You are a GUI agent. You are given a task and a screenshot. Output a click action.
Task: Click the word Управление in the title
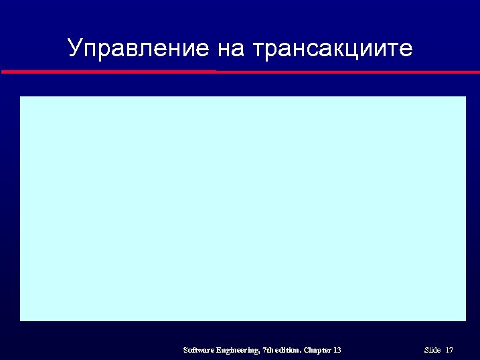click(139, 48)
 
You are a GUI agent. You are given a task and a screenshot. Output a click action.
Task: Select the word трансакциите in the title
click(333, 49)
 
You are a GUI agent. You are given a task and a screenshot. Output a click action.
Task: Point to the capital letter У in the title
click(75, 48)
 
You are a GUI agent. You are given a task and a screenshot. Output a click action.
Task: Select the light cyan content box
click(242, 208)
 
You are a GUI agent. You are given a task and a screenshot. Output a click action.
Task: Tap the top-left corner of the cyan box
click(21, 97)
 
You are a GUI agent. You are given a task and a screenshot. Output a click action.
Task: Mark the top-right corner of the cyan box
click(465, 97)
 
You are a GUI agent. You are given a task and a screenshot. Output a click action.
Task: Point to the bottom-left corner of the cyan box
click(21, 320)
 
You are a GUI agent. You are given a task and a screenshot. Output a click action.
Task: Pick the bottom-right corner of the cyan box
click(465, 320)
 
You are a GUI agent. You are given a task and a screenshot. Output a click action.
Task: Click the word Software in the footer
click(198, 351)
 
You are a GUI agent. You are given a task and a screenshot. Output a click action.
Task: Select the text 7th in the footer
click(269, 350)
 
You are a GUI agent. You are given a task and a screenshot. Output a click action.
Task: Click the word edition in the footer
click(288, 350)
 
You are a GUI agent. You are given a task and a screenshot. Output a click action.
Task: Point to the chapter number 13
click(337, 350)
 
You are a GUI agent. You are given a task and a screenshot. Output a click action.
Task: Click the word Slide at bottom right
click(432, 350)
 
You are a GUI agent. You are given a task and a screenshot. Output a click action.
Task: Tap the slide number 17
click(449, 350)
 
